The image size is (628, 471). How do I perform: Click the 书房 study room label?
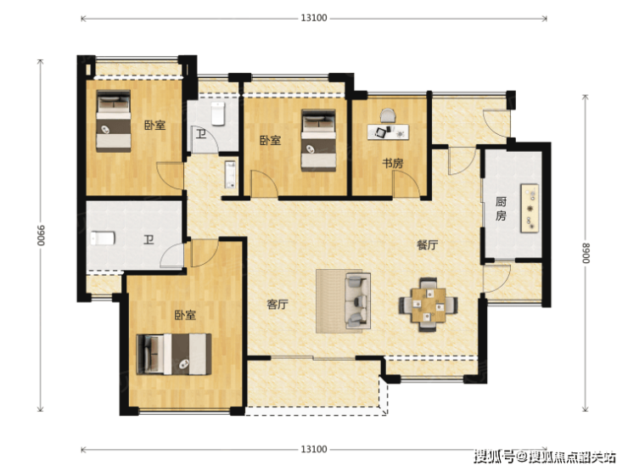pos(392,164)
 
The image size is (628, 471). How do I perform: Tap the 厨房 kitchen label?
pos(501,208)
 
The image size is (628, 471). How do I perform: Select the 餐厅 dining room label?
pos(428,244)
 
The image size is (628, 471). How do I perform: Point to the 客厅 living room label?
pos(278,305)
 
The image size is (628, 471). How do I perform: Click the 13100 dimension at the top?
pos(314,18)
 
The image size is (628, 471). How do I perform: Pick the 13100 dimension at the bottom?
pos(314,450)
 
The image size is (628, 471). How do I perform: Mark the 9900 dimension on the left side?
pos(41,236)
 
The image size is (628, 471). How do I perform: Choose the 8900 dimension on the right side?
pos(586,253)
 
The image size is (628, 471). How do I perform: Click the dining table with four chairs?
pos(429,305)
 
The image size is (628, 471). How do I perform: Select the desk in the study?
pos(388,132)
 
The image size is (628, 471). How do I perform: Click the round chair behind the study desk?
pos(388,115)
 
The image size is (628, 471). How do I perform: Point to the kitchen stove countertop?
pos(530,208)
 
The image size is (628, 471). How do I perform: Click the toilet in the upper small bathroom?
pos(218,114)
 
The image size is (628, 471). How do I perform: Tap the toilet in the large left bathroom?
pos(103,238)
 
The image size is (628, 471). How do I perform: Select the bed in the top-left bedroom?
pos(114,121)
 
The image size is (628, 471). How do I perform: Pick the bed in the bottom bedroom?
pos(174,355)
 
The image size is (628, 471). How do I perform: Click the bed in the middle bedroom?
pos(319,140)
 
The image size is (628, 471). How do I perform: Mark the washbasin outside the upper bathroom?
pos(230,175)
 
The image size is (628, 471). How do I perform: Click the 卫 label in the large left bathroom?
pos(149,240)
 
